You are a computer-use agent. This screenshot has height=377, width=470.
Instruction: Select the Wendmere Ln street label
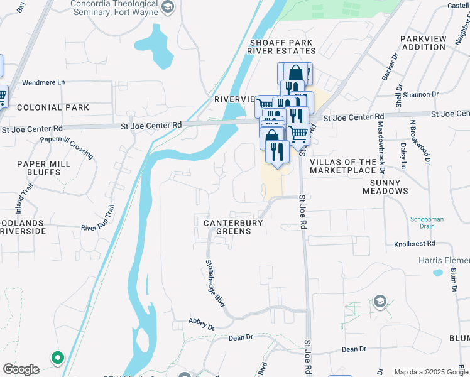(43, 82)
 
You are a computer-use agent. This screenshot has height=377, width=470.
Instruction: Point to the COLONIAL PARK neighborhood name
(53, 107)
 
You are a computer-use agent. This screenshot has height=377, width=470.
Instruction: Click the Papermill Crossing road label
(67, 146)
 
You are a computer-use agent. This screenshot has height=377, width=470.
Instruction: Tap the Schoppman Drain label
(427, 223)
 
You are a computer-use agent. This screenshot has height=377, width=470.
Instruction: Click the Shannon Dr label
(422, 94)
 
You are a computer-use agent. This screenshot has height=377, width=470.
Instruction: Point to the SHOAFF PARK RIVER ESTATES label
(281, 46)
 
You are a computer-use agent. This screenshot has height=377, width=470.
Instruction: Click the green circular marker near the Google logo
(57, 358)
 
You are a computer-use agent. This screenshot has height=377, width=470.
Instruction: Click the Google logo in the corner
(21, 369)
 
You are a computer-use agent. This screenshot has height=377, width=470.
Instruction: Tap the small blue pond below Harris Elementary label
(437, 273)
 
